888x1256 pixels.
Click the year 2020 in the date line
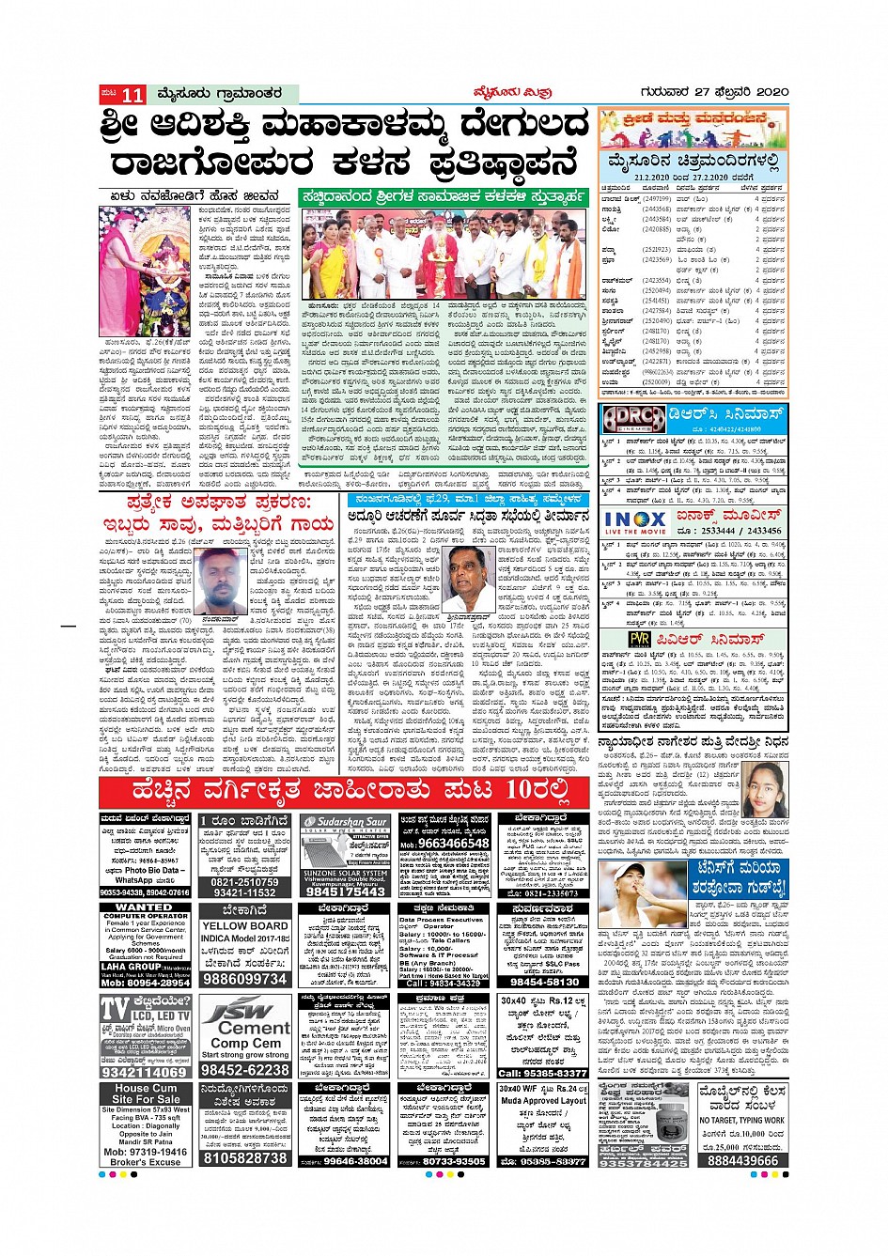coord(771,92)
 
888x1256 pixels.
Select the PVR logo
coord(613,640)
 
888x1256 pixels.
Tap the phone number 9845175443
coord(345,892)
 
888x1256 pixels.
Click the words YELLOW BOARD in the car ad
coord(245,925)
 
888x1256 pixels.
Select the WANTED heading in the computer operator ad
coord(145,907)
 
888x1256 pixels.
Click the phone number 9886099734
coord(245,979)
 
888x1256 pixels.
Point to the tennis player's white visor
coord(629,869)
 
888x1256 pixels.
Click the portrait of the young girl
coord(766,790)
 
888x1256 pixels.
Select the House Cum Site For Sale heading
coord(146,1093)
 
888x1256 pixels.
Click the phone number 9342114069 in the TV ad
coord(145,1072)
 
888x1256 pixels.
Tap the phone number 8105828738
coord(245,1158)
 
